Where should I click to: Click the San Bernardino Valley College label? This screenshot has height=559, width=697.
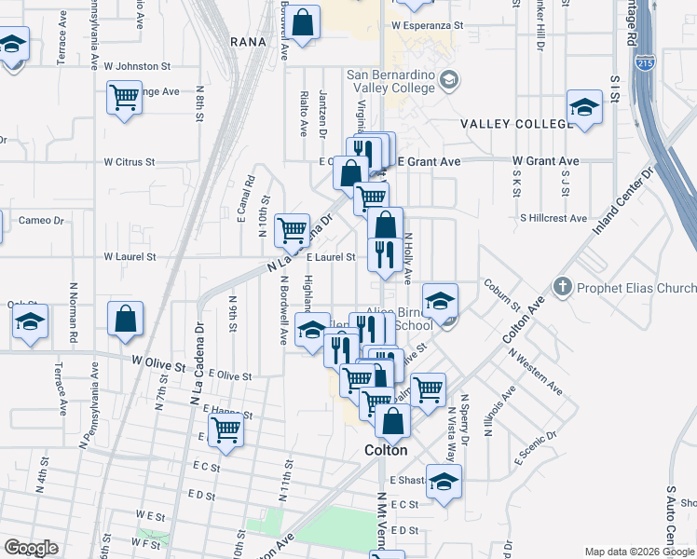(390, 81)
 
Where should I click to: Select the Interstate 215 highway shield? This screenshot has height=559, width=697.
(647, 62)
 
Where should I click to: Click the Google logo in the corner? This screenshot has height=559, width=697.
(31, 548)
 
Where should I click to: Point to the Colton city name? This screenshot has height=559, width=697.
(385, 450)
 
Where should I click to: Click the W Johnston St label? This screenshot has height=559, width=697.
(137, 66)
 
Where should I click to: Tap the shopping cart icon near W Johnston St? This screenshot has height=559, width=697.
(124, 97)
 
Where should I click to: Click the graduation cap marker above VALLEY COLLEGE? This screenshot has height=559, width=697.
(584, 107)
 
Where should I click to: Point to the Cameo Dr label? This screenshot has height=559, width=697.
(41, 221)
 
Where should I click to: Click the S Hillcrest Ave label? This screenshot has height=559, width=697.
(553, 218)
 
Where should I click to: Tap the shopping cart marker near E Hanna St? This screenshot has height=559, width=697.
(225, 429)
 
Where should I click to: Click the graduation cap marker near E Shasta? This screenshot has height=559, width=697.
(444, 481)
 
